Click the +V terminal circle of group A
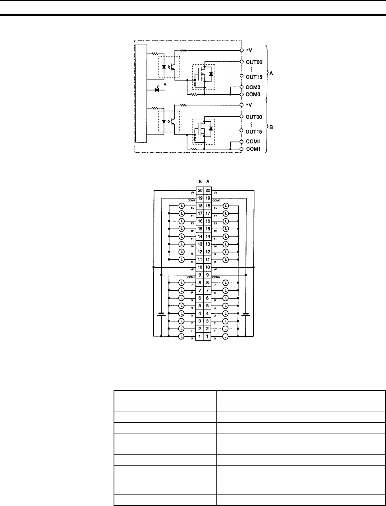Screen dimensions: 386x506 241,51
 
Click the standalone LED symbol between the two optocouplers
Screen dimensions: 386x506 162,90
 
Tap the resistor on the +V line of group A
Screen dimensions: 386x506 183,51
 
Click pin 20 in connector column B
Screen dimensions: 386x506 200,191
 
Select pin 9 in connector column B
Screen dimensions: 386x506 200,275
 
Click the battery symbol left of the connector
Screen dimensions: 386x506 161,314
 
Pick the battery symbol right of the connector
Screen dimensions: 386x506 246,314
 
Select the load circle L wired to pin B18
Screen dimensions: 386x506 181,206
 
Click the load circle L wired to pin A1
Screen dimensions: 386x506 226,336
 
